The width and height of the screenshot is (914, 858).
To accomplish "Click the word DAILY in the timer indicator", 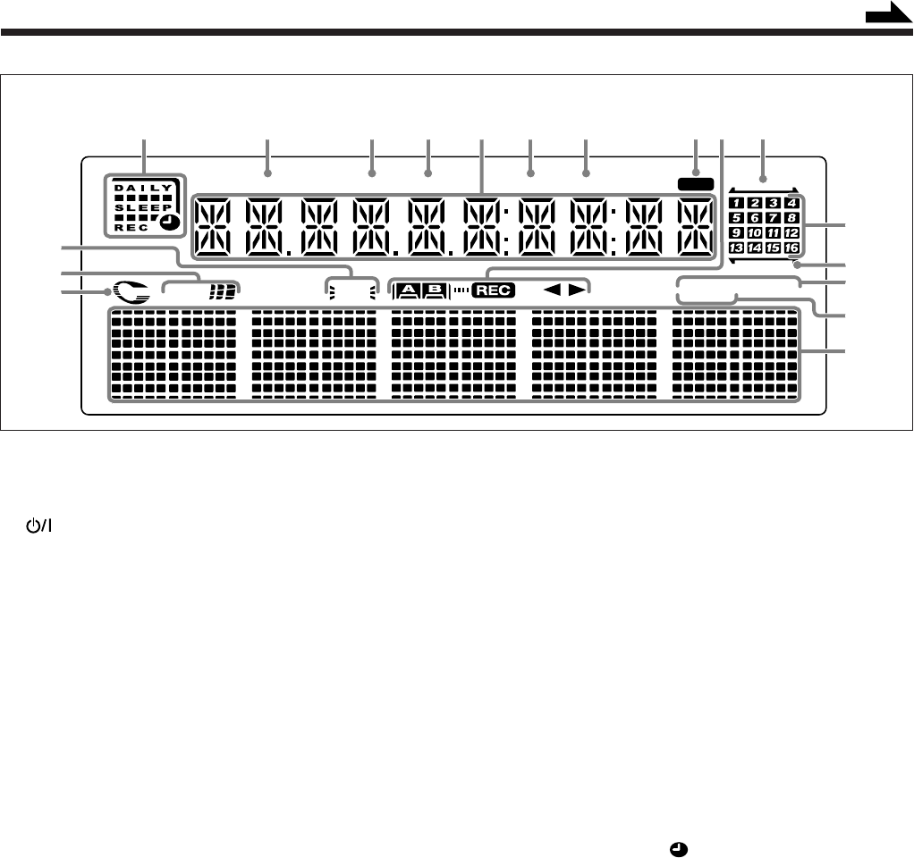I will [x=141, y=187].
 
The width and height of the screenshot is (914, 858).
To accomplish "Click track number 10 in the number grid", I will [x=756, y=232].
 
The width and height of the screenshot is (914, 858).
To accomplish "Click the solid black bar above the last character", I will [x=695, y=183].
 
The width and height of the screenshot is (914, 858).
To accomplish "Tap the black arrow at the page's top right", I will [x=887, y=15].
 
